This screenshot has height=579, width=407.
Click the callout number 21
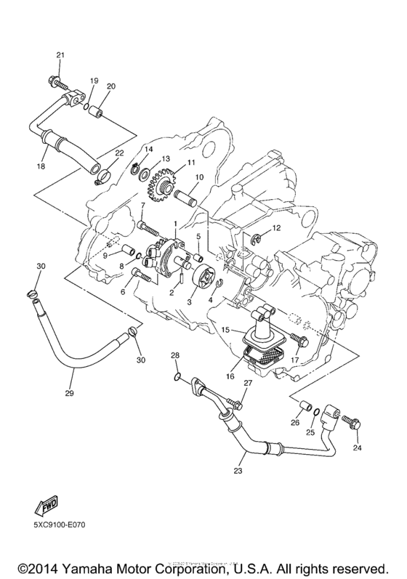60,56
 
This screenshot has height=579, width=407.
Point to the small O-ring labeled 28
175,376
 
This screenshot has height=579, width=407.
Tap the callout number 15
226,331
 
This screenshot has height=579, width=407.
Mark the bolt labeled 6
142,275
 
